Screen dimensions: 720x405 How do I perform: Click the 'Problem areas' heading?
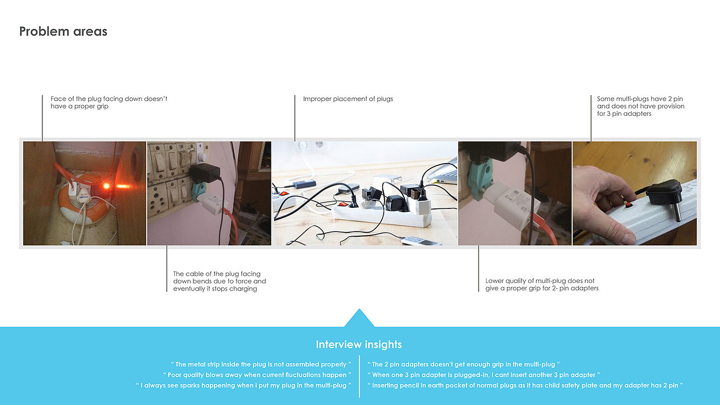point(63,31)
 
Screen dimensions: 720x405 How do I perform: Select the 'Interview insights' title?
point(359,344)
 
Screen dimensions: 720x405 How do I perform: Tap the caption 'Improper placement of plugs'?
point(348,99)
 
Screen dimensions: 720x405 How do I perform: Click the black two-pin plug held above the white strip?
point(665,196)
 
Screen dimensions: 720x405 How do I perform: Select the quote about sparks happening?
point(244,385)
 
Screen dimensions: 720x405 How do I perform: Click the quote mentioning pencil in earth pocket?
point(525,385)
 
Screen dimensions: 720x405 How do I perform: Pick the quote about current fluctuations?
point(257,375)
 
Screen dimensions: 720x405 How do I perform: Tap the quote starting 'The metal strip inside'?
point(261,364)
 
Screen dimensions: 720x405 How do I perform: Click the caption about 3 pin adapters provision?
point(641,106)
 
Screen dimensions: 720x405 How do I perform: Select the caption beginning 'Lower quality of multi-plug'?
point(542,285)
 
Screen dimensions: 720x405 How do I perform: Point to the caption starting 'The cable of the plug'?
point(220,281)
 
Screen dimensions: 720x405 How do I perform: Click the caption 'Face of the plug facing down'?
point(109,102)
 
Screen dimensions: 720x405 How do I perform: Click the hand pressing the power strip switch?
point(604,206)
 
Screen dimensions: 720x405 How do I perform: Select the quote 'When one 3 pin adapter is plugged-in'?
point(483,375)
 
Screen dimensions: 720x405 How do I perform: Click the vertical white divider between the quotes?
point(359,376)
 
